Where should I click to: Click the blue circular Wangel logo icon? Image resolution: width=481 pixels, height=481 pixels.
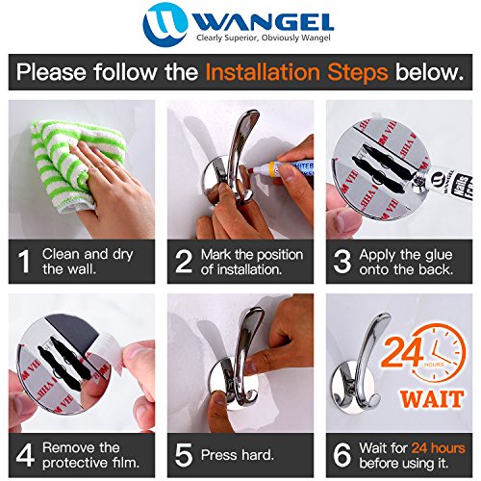pyautogui.click(x=165, y=25)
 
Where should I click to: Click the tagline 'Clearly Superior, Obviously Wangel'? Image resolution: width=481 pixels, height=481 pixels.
pyautogui.click(x=264, y=38)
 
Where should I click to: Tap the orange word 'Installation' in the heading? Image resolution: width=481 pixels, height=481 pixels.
pyautogui.click(x=263, y=72)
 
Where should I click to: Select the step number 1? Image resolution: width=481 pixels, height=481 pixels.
pyautogui.click(x=24, y=262)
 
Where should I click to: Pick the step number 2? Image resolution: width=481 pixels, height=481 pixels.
pyautogui.click(x=184, y=262)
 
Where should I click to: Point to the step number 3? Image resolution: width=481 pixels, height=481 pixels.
pyautogui.click(x=342, y=262)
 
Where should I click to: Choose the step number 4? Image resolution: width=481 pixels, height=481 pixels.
pyautogui.click(x=25, y=455)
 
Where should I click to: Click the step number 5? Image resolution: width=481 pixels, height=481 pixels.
pyautogui.click(x=184, y=455)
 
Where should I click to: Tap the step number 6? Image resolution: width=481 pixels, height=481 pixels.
pyautogui.click(x=342, y=455)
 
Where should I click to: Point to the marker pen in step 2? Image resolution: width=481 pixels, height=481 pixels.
pyautogui.click(x=282, y=168)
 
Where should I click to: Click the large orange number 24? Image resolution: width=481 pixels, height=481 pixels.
pyautogui.click(x=403, y=352)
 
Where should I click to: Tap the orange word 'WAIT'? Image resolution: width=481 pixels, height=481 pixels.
pyautogui.click(x=432, y=399)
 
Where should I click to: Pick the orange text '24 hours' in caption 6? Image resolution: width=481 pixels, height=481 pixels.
pyautogui.click(x=439, y=448)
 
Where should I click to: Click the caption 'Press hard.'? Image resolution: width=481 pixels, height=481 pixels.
pyautogui.click(x=238, y=455)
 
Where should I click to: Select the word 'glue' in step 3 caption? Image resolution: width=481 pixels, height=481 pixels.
pyautogui.click(x=437, y=256)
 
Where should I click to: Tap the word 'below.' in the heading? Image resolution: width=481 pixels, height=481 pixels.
pyautogui.click(x=430, y=72)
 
